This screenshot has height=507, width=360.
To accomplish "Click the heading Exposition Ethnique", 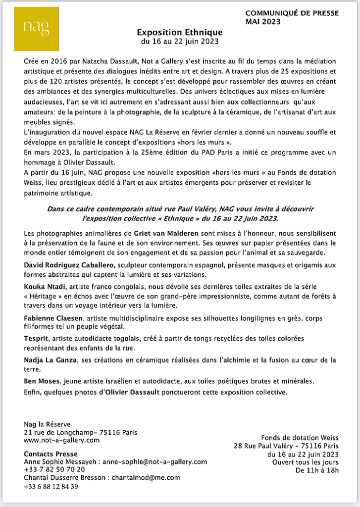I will tap(180, 32).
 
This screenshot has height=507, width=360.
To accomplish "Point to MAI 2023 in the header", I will tap(263, 21).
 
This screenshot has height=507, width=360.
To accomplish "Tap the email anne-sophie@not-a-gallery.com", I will tap(158, 461).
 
